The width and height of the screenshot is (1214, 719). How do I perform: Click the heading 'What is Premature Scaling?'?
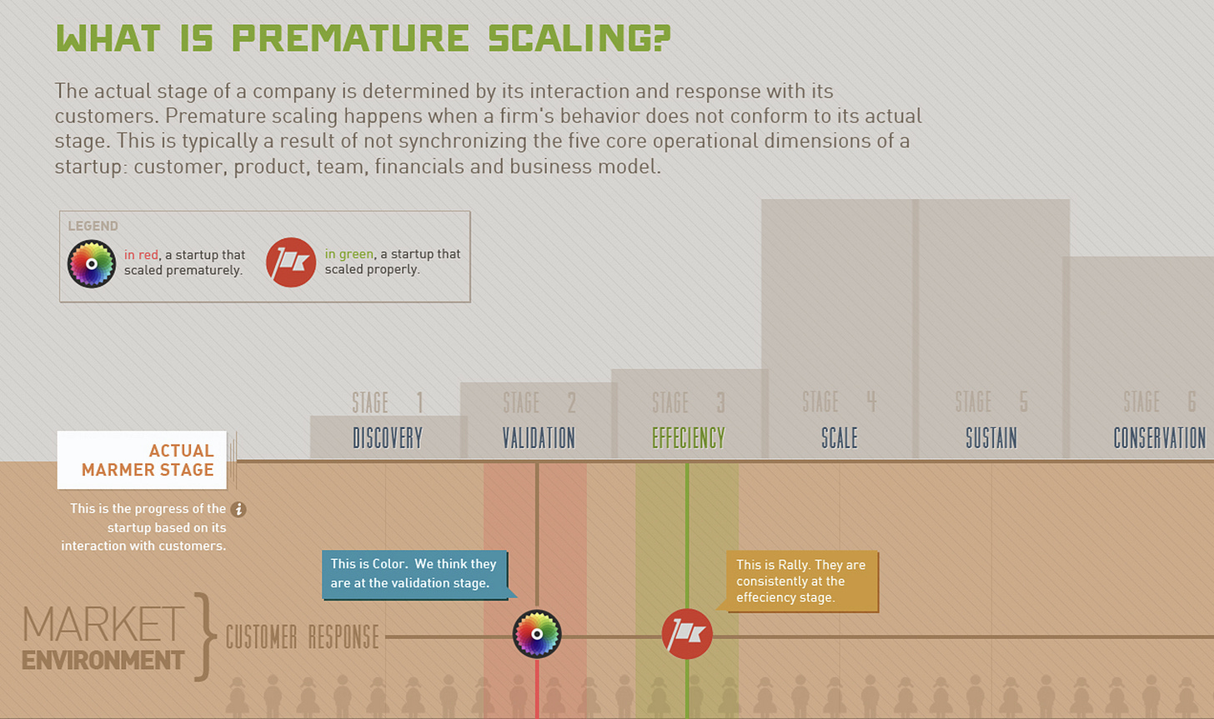point(363,38)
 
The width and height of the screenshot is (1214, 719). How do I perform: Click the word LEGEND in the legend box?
point(93,226)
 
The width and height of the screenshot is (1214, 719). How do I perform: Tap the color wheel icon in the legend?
point(92,263)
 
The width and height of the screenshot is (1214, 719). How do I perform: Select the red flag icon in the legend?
point(291,262)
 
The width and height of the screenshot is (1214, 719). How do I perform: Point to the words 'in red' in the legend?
point(141,255)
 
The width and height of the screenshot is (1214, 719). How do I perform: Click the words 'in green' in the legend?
point(349,254)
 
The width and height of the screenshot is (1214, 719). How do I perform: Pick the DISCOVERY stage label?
point(388,438)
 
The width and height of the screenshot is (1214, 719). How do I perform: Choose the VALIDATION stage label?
point(539,438)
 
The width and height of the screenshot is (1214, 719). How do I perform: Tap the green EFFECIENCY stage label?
point(689,438)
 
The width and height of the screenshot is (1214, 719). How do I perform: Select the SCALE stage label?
point(839,438)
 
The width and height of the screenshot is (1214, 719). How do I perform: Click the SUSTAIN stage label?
point(991,438)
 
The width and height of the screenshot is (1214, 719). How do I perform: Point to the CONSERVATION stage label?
point(1159,438)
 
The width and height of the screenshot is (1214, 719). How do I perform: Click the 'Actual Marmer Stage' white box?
point(143,460)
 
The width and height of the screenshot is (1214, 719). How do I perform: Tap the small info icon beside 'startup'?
point(238,509)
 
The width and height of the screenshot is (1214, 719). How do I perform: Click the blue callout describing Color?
point(414,573)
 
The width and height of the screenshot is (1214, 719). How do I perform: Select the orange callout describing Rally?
point(801,581)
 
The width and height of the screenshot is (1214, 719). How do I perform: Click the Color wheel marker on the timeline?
point(537,634)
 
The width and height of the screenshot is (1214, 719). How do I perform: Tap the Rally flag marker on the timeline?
point(687,634)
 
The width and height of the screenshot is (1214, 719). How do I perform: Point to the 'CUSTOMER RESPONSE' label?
point(302,637)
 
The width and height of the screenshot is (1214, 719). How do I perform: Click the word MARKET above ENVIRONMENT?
point(103,625)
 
